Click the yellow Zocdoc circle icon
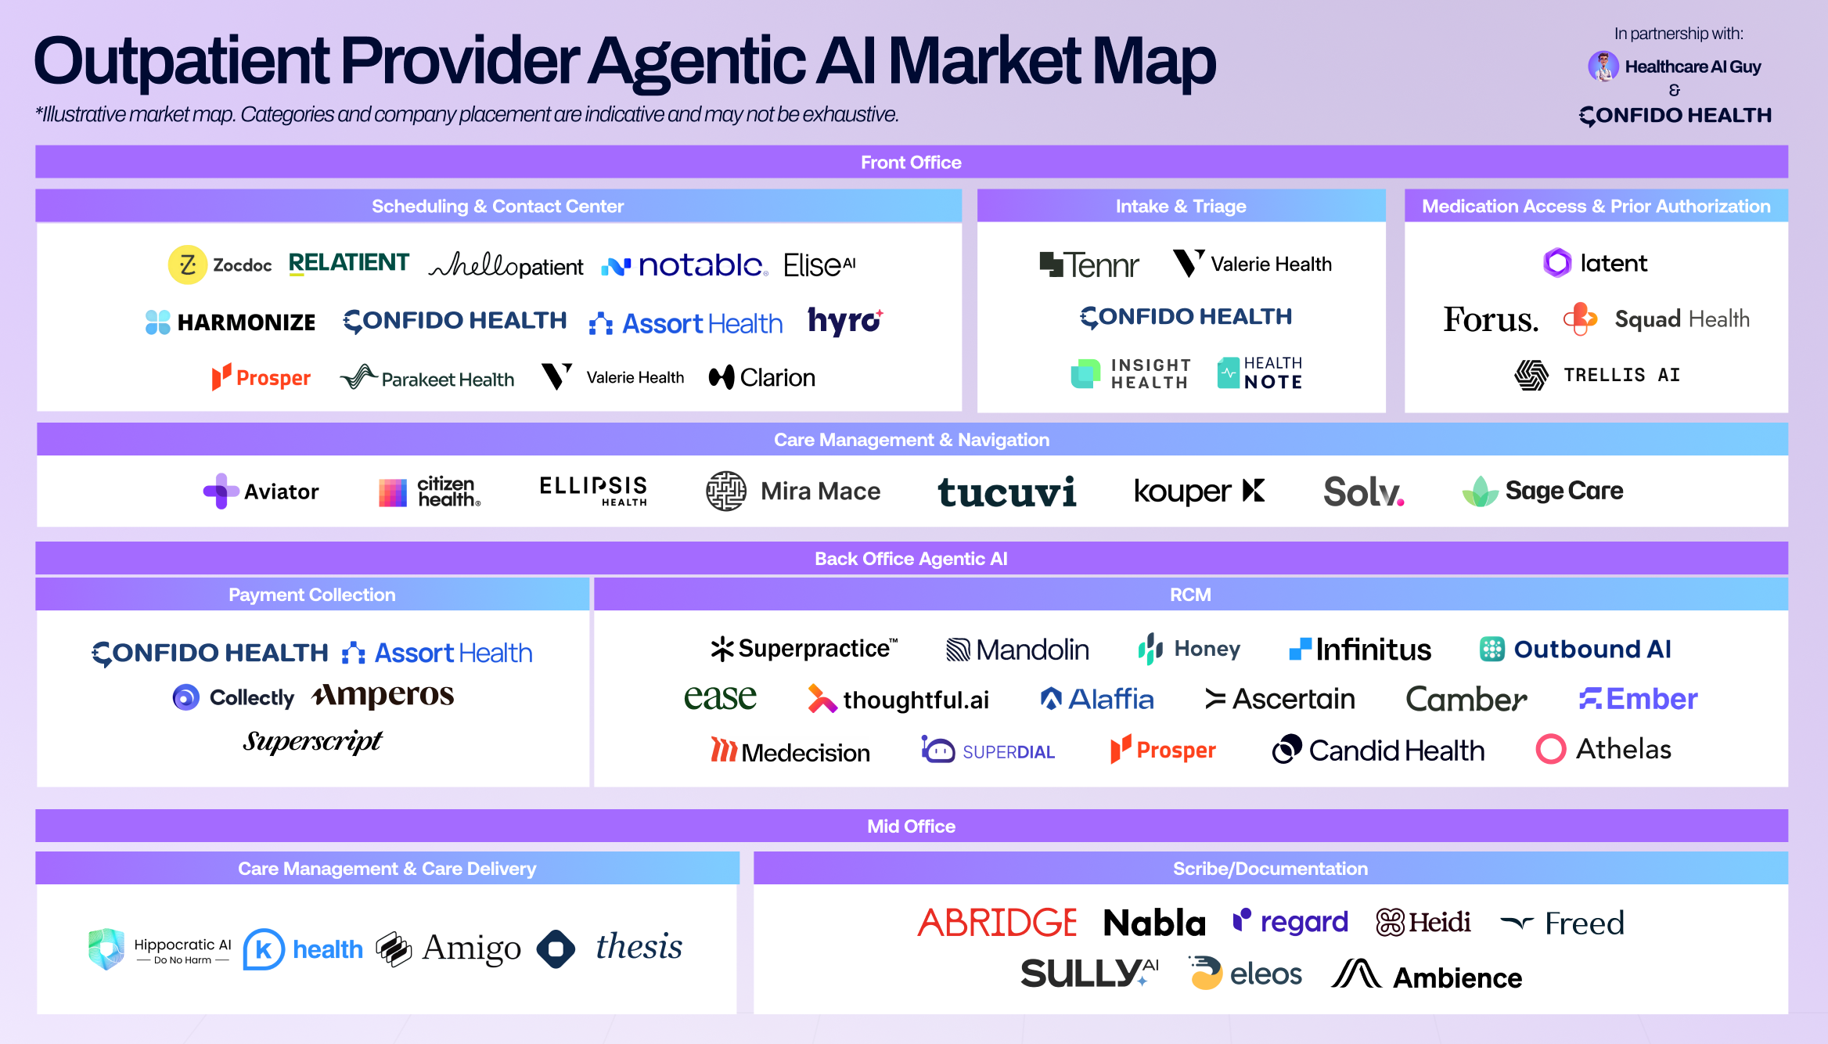coord(188,265)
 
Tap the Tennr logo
coord(1089,265)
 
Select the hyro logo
coord(845,321)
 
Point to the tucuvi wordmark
coord(1007,492)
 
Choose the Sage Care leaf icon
coord(1480,491)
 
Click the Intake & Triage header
coord(1181,206)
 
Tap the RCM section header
coord(1190,595)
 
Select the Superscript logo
coord(312,741)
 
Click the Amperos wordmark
coord(383,695)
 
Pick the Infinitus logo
coord(1360,650)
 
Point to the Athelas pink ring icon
coord(1550,749)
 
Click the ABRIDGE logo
coord(997,923)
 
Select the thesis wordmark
coord(639,947)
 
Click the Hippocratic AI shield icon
coord(106,949)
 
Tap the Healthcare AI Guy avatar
coord(1603,67)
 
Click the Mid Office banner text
coord(911,826)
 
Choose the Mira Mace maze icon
coord(726,491)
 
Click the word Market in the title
coord(984,61)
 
